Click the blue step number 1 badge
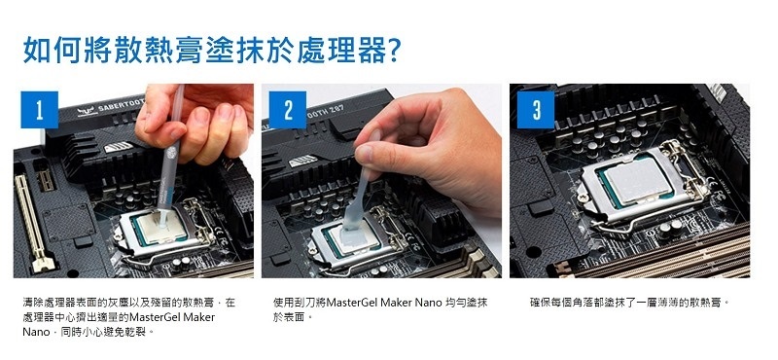[39, 110]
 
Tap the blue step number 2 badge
[288, 110]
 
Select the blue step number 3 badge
[536, 110]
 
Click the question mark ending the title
[394, 50]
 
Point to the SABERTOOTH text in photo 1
[120, 105]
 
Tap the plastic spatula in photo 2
[360, 189]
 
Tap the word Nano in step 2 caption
[428, 302]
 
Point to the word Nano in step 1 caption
[36, 332]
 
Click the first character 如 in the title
[37, 50]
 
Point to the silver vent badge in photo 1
[118, 148]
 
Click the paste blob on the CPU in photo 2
[356, 233]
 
